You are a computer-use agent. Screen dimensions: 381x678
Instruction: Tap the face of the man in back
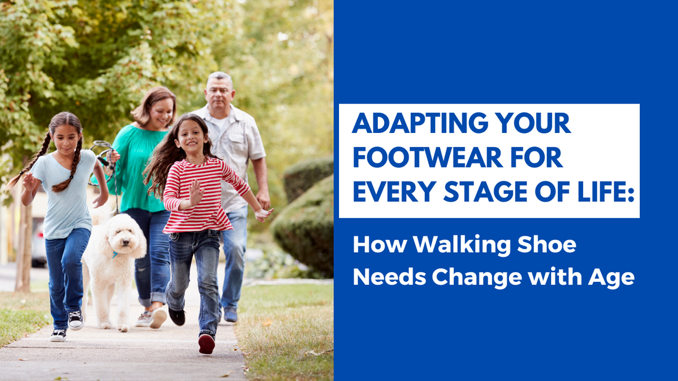pyautogui.click(x=221, y=93)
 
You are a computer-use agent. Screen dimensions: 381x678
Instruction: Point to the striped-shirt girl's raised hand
pyautogui.click(x=195, y=192)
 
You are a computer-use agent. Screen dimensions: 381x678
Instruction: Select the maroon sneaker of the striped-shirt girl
pyautogui.click(x=206, y=343)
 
